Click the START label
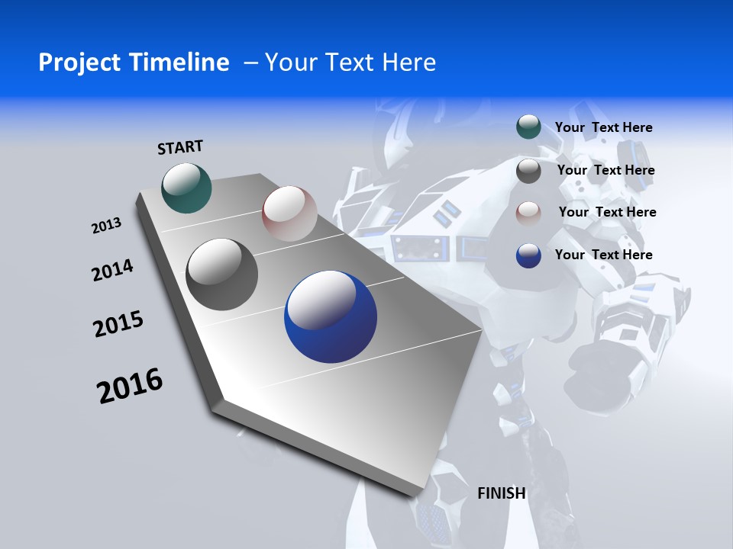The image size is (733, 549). tap(180, 147)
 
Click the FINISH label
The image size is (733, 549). tap(502, 493)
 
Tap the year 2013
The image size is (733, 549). tap(107, 226)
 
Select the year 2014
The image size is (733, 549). tap(113, 271)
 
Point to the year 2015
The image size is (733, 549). tap(118, 324)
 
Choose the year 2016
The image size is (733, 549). tap(130, 385)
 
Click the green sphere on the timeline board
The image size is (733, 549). tap(187, 188)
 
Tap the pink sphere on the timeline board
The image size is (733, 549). tap(289, 213)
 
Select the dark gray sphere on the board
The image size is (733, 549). tap(222, 274)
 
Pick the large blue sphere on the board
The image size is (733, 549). tap(331, 317)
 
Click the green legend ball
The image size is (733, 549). tap(528, 127)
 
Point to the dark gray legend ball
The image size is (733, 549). tap(528, 171)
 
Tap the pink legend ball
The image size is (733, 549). tap(528, 213)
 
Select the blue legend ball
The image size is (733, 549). tap(528, 255)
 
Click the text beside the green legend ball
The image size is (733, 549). tap(603, 127)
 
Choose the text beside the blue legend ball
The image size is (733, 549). tap(603, 255)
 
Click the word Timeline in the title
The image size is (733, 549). tap(180, 63)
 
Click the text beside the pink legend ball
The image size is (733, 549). tap(607, 212)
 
